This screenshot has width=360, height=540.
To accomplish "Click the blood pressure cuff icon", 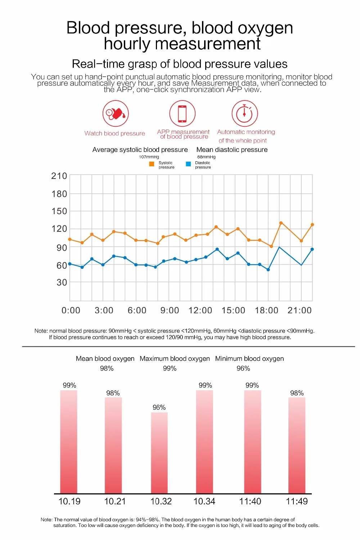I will pyautogui.click(x=116, y=114).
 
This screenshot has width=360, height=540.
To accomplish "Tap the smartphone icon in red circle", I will pyautogui.click(x=183, y=114).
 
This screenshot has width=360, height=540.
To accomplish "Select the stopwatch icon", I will pyautogui.click(x=244, y=114).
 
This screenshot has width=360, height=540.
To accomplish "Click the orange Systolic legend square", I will pyautogui.click(x=152, y=164).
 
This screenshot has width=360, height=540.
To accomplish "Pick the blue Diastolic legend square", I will pyautogui.click(x=188, y=164).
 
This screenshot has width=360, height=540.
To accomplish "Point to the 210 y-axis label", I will pyautogui.click(x=59, y=176).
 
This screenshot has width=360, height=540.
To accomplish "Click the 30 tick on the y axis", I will pyautogui.click(x=62, y=283).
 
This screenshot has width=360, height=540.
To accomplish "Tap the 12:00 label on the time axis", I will pyautogui.click(x=200, y=310).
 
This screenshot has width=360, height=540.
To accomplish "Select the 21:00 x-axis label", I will pyautogui.click(x=300, y=310).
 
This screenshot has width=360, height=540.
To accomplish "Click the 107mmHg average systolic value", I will pyautogui.click(x=149, y=157).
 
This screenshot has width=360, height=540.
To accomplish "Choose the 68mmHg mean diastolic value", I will pyautogui.click(x=206, y=157).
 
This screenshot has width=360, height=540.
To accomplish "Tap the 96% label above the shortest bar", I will pyautogui.click(x=159, y=408).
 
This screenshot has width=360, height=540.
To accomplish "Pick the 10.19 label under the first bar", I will pyautogui.click(x=69, y=501).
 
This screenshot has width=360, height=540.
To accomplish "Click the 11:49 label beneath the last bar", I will pyautogui.click(x=297, y=501).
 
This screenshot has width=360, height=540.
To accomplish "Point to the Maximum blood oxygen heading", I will pyautogui.click(x=175, y=359).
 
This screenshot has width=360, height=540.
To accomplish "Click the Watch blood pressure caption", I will pyautogui.click(x=115, y=134).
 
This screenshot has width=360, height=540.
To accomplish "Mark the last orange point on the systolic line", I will pyautogui.click(x=312, y=225).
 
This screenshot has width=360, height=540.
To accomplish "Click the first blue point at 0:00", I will pyautogui.click(x=70, y=264).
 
